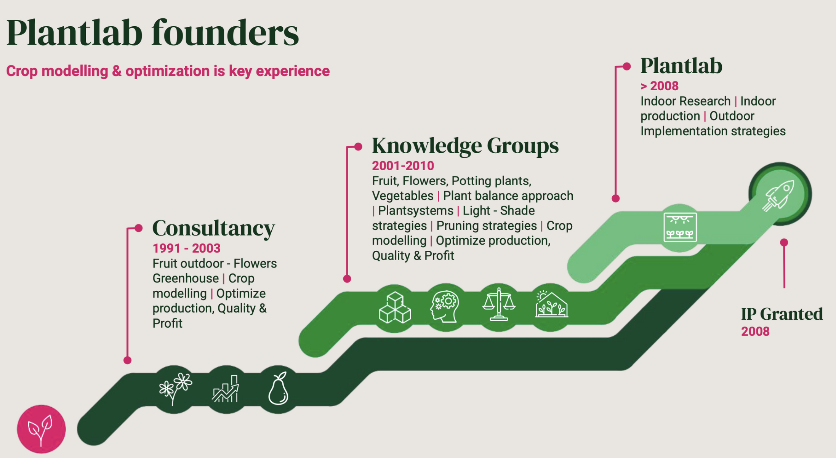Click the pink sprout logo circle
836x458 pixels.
41,429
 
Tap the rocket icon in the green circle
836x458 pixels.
780,194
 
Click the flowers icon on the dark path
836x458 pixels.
175,389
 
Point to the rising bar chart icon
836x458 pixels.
226,389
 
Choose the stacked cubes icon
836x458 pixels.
395,307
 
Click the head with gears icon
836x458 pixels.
445,307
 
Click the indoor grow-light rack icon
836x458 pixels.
680,227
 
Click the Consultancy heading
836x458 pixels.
213,228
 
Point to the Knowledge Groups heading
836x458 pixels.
465,146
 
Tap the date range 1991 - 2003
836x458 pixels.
186,248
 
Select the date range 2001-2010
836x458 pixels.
403,166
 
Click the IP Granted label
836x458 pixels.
782,314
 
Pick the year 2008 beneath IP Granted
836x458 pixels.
755,331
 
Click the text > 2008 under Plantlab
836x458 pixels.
659,86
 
